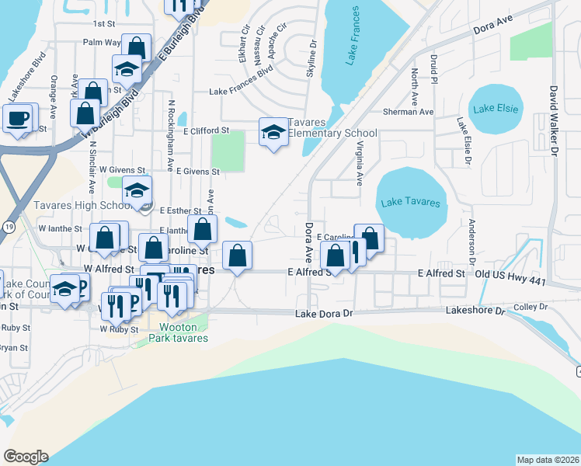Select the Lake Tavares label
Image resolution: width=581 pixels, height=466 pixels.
[411, 203]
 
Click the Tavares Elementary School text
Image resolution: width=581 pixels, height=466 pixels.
[332, 128]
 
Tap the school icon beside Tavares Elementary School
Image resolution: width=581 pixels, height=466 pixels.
[273, 133]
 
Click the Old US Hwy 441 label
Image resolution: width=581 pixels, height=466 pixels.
[507, 274]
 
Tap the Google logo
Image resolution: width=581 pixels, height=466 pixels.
[26, 457]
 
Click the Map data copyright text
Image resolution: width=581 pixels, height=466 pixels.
[547, 459]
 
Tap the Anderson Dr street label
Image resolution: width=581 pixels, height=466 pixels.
[471, 241]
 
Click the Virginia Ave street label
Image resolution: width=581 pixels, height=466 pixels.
[359, 162]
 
